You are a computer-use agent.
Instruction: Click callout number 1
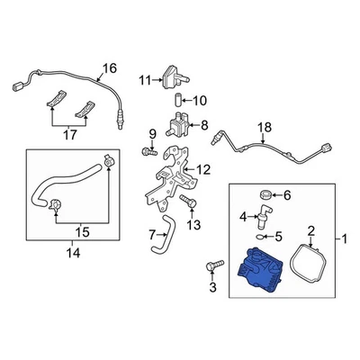[x=344, y=240]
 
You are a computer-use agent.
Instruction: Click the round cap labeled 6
[x=265, y=194]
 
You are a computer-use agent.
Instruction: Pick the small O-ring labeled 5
[x=260, y=238]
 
